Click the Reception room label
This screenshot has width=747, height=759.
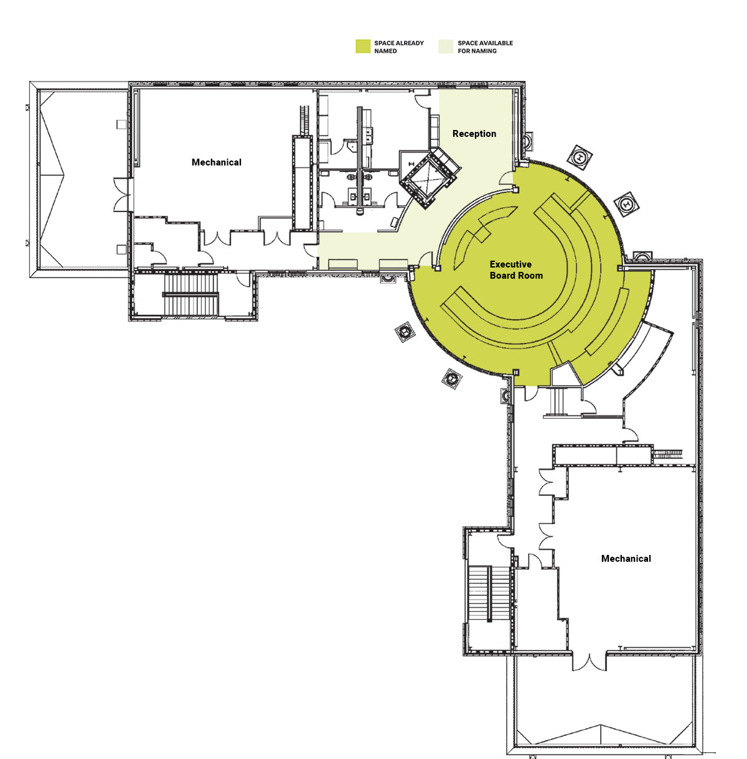(x=474, y=134)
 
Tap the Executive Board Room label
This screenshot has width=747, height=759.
(x=516, y=270)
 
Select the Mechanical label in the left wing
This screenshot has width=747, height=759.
(x=217, y=162)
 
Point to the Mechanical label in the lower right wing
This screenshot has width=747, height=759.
(x=626, y=559)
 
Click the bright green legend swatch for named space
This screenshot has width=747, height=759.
(x=363, y=47)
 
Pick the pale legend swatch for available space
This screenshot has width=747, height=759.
(x=446, y=47)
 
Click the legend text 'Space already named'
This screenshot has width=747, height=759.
(x=399, y=47)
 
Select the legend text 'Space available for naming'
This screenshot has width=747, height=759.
(x=486, y=47)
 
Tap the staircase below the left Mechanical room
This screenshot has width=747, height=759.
(x=190, y=294)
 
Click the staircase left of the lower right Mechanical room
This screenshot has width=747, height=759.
(x=489, y=594)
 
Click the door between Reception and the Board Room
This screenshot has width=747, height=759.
(x=505, y=179)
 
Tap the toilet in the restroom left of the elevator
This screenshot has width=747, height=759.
(x=360, y=212)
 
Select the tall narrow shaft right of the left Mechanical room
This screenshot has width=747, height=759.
(x=303, y=183)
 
